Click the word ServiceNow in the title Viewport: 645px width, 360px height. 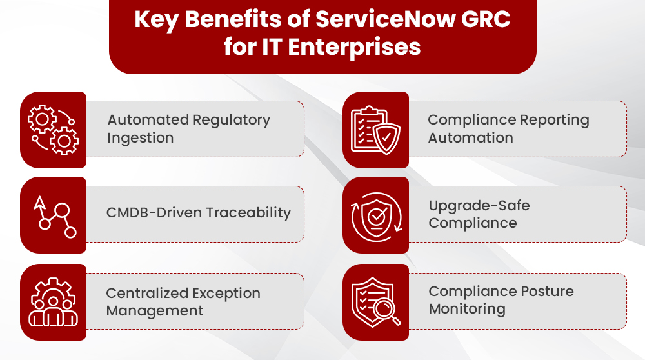point(376,19)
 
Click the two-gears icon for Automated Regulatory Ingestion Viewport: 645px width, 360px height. point(53,130)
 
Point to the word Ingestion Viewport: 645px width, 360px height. point(140,138)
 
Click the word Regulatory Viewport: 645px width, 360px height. point(230,120)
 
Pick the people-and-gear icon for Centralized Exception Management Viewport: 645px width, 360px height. point(53,302)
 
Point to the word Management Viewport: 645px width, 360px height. point(154,311)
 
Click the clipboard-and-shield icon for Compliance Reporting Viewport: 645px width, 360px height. point(375,130)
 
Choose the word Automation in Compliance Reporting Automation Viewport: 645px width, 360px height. point(470,138)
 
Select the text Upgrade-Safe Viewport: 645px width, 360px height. point(479,206)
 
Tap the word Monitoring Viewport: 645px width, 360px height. point(466,309)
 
